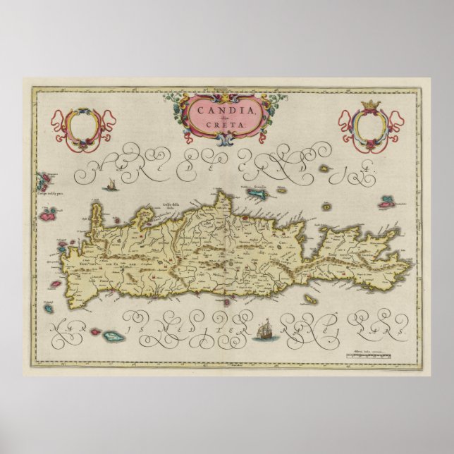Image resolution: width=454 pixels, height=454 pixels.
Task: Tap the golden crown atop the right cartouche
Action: click(x=367, y=106)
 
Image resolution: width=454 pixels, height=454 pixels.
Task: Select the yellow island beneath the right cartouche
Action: click(x=326, y=168)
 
